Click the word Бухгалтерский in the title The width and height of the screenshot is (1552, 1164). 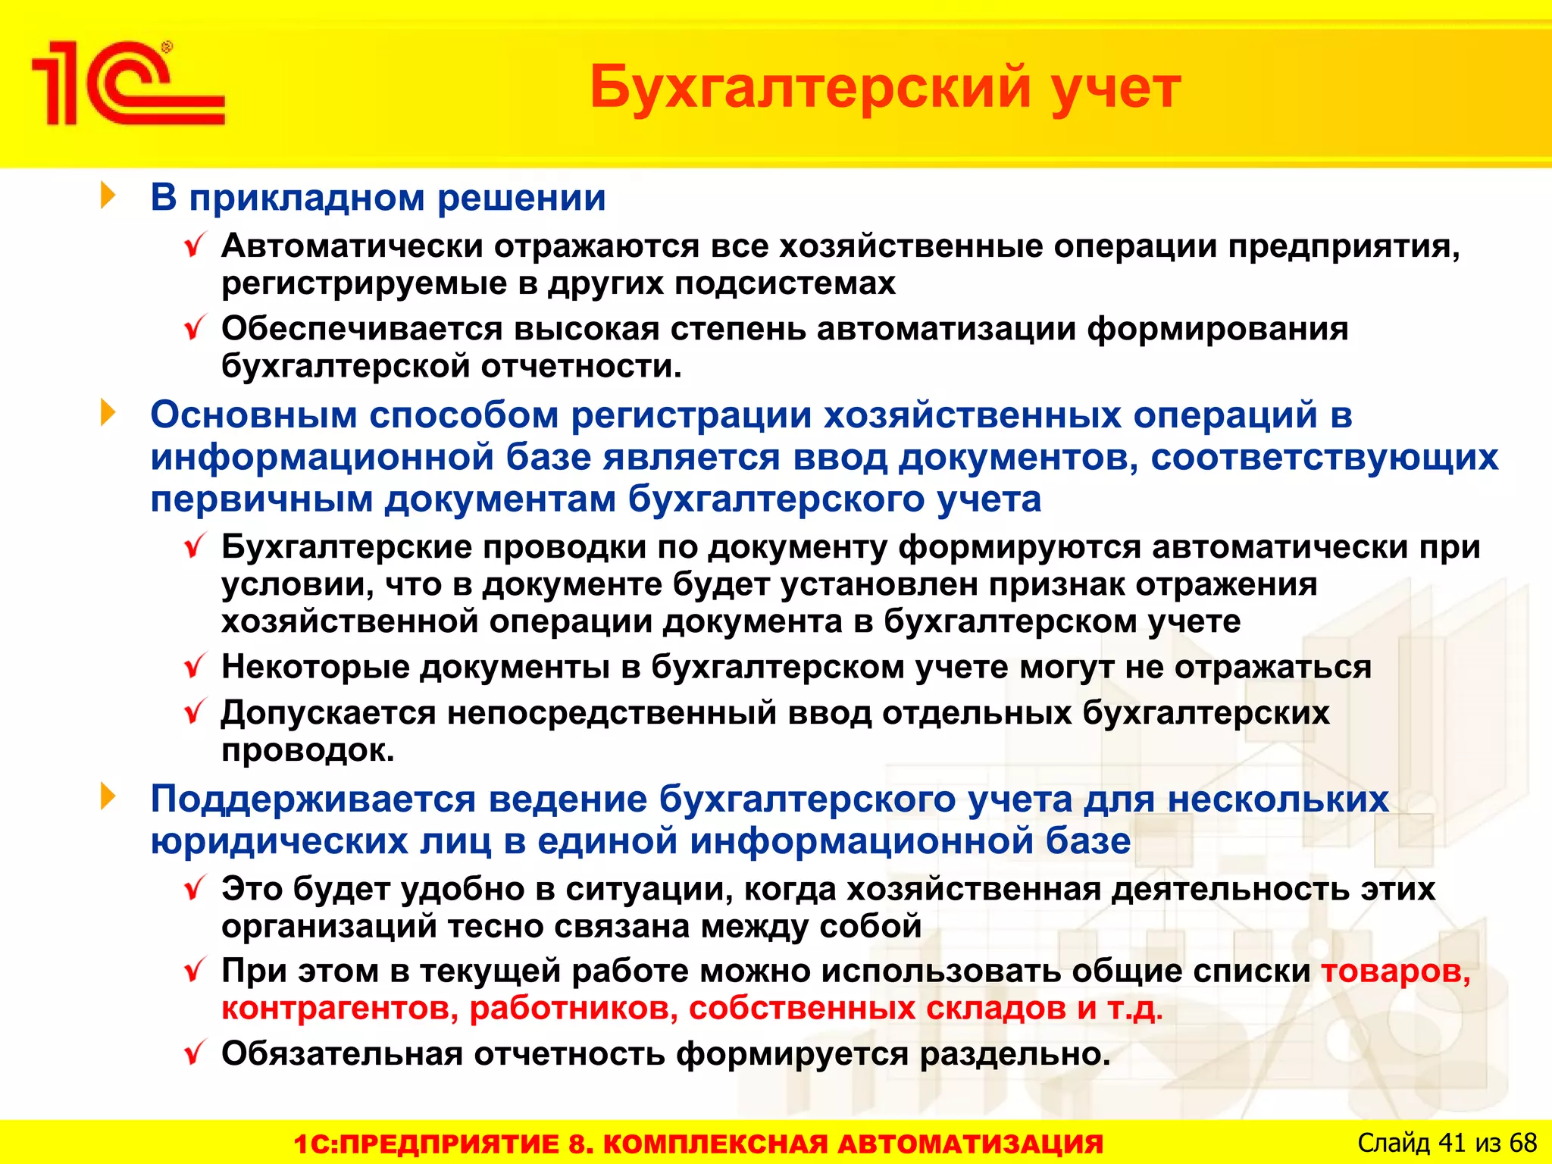coord(809,87)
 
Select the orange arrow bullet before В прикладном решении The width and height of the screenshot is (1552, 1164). coord(108,196)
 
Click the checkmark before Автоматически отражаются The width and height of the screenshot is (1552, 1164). coord(195,246)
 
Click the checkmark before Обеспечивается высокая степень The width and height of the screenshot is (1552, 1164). coord(195,328)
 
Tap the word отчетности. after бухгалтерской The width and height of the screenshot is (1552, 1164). coord(581,366)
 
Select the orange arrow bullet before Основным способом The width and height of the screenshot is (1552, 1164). coord(108,413)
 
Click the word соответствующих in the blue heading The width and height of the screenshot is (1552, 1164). coord(1324,457)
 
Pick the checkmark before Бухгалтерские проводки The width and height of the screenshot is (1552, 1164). coord(195,546)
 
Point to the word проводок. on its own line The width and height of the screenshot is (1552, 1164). coord(308,750)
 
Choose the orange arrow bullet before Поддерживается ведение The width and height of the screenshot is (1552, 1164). coord(108,797)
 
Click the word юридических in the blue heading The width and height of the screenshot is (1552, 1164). coord(279,841)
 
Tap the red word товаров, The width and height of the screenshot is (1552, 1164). coord(1395,971)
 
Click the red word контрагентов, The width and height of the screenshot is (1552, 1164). coord(339,1009)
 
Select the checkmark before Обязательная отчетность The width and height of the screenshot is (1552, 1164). coord(195,1053)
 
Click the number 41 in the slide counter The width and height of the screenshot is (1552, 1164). coord(1452,1142)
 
